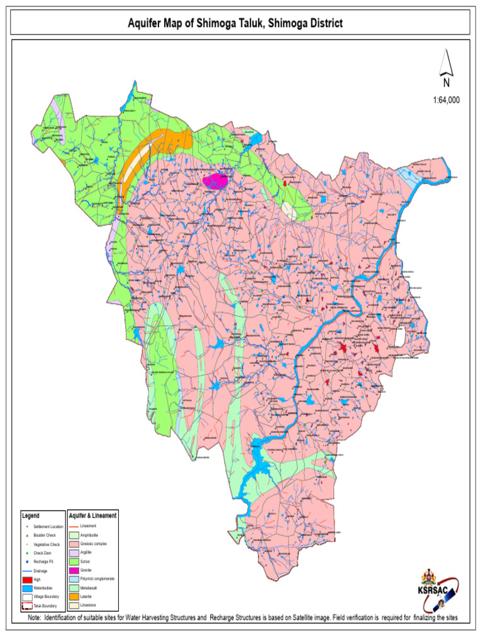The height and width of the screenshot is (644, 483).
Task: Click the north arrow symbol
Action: coord(446,69)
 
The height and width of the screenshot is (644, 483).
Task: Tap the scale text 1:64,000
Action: coord(446,99)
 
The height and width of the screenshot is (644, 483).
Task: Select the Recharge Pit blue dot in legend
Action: coord(28,560)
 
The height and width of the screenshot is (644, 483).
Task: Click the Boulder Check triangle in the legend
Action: coord(28,534)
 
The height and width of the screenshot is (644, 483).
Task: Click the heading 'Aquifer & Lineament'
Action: coord(92,515)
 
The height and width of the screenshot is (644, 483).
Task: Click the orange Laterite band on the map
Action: coord(143,153)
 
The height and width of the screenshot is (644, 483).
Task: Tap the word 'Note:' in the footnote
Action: coord(36,618)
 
